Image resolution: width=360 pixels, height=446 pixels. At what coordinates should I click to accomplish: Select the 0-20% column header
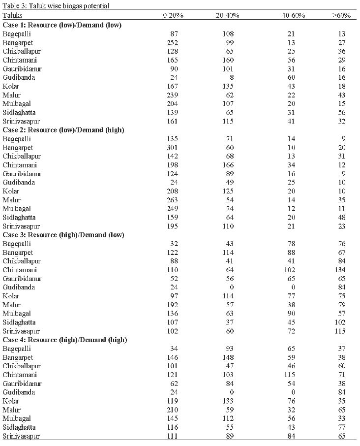click(x=173, y=15)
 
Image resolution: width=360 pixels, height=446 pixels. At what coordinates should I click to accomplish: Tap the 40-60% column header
click(x=293, y=15)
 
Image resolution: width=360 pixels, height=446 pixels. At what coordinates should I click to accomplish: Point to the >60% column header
click(x=341, y=15)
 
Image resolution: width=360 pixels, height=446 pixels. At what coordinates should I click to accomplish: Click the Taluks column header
click(x=12, y=15)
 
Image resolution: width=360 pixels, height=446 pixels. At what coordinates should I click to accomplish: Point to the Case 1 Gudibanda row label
click(x=19, y=77)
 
